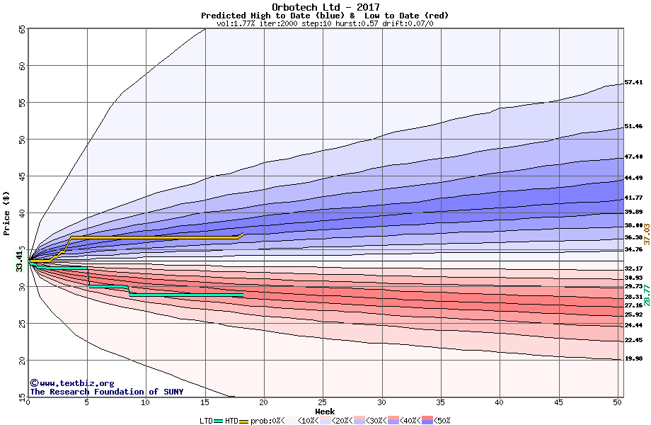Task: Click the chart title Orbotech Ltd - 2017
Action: [325, 8]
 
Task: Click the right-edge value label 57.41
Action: [633, 82]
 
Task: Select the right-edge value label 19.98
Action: [633, 358]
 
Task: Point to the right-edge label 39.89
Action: [633, 212]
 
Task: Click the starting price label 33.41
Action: [20, 261]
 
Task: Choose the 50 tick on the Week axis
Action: [617, 402]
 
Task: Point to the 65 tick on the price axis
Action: [22, 29]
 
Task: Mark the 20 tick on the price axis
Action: [22, 360]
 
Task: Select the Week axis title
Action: [325, 411]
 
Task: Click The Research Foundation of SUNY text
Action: [106, 392]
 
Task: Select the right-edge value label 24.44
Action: [633, 325]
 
